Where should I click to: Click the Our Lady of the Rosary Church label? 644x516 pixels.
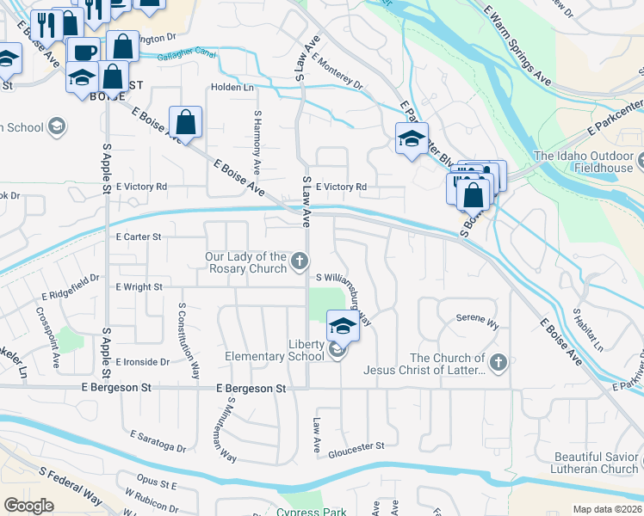tap(245, 262)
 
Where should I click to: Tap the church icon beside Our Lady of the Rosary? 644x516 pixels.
tap(299, 261)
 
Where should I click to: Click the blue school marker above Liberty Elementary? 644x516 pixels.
tap(342, 327)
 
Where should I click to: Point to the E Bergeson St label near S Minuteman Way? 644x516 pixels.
tap(251, 389)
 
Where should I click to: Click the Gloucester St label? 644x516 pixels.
tap(355, 446)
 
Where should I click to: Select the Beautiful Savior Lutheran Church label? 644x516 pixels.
tap(598, 462)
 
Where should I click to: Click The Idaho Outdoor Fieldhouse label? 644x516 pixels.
tap(587, 162)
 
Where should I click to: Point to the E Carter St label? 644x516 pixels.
tap(138, 236)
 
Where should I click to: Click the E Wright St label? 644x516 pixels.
tap(139, 286)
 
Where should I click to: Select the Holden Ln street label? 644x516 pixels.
tap(232, 88)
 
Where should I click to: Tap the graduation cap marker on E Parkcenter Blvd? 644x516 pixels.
tap(412, 138)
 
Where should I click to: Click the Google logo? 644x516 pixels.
tap(29, 505)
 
